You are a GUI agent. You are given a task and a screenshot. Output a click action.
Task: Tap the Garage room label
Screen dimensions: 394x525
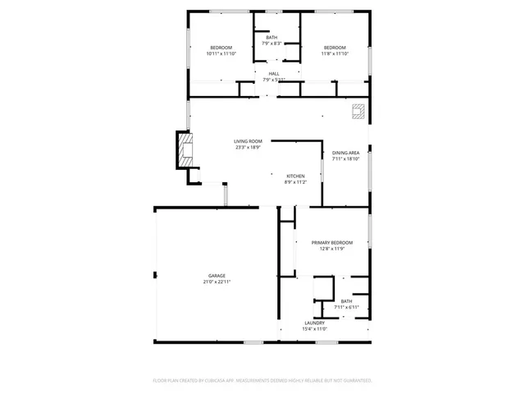pyautogui.click(x=217, y=276)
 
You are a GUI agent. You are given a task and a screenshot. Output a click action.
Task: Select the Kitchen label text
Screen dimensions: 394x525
pyautogui.click(x=295, y=176)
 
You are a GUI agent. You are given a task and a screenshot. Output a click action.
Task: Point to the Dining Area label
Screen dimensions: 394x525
pyautogui.click(x=345, y=153)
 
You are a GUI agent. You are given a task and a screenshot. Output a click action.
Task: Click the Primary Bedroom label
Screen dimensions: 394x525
pyautogui.click(x=331, y=243)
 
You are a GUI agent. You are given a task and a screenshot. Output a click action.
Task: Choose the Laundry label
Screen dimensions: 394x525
pyautogui.click(x=315, y=323)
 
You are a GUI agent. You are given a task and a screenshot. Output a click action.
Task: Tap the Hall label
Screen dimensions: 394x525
pyautogui.click(x=273, y=74)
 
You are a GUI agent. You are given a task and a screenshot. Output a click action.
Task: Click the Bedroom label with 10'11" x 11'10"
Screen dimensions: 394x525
pyautogui.click(x=221, y=48)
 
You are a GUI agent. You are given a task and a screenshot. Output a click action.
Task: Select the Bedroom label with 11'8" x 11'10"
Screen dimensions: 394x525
pyautogui.click(x=335, y=48)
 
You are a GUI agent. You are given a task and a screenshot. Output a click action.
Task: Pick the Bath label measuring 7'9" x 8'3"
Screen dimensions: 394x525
pyautogui.click(x=272, y=38)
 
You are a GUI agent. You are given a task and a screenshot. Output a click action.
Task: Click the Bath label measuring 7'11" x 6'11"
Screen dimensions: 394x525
pyautogui.click(x=346, y=301)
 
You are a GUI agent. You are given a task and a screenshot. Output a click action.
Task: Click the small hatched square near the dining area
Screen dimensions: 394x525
pyautogui.click(x=358, y=112)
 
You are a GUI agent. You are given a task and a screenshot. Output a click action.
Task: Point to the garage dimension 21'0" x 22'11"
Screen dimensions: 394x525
pyautogui.click(x=217, y=282)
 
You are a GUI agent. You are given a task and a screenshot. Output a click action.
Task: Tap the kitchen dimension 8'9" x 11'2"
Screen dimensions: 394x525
pyautogui.click(x=295, y=182)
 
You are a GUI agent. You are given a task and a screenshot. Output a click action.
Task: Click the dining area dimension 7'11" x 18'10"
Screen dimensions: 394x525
pyautogui.click(x=345, y=159)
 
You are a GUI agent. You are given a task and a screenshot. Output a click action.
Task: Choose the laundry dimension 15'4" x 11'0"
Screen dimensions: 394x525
pyautogui.click(x=315, y=329)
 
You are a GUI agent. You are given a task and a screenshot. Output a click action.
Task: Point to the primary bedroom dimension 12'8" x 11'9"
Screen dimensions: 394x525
pyautogui.click(x=331, y=249)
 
